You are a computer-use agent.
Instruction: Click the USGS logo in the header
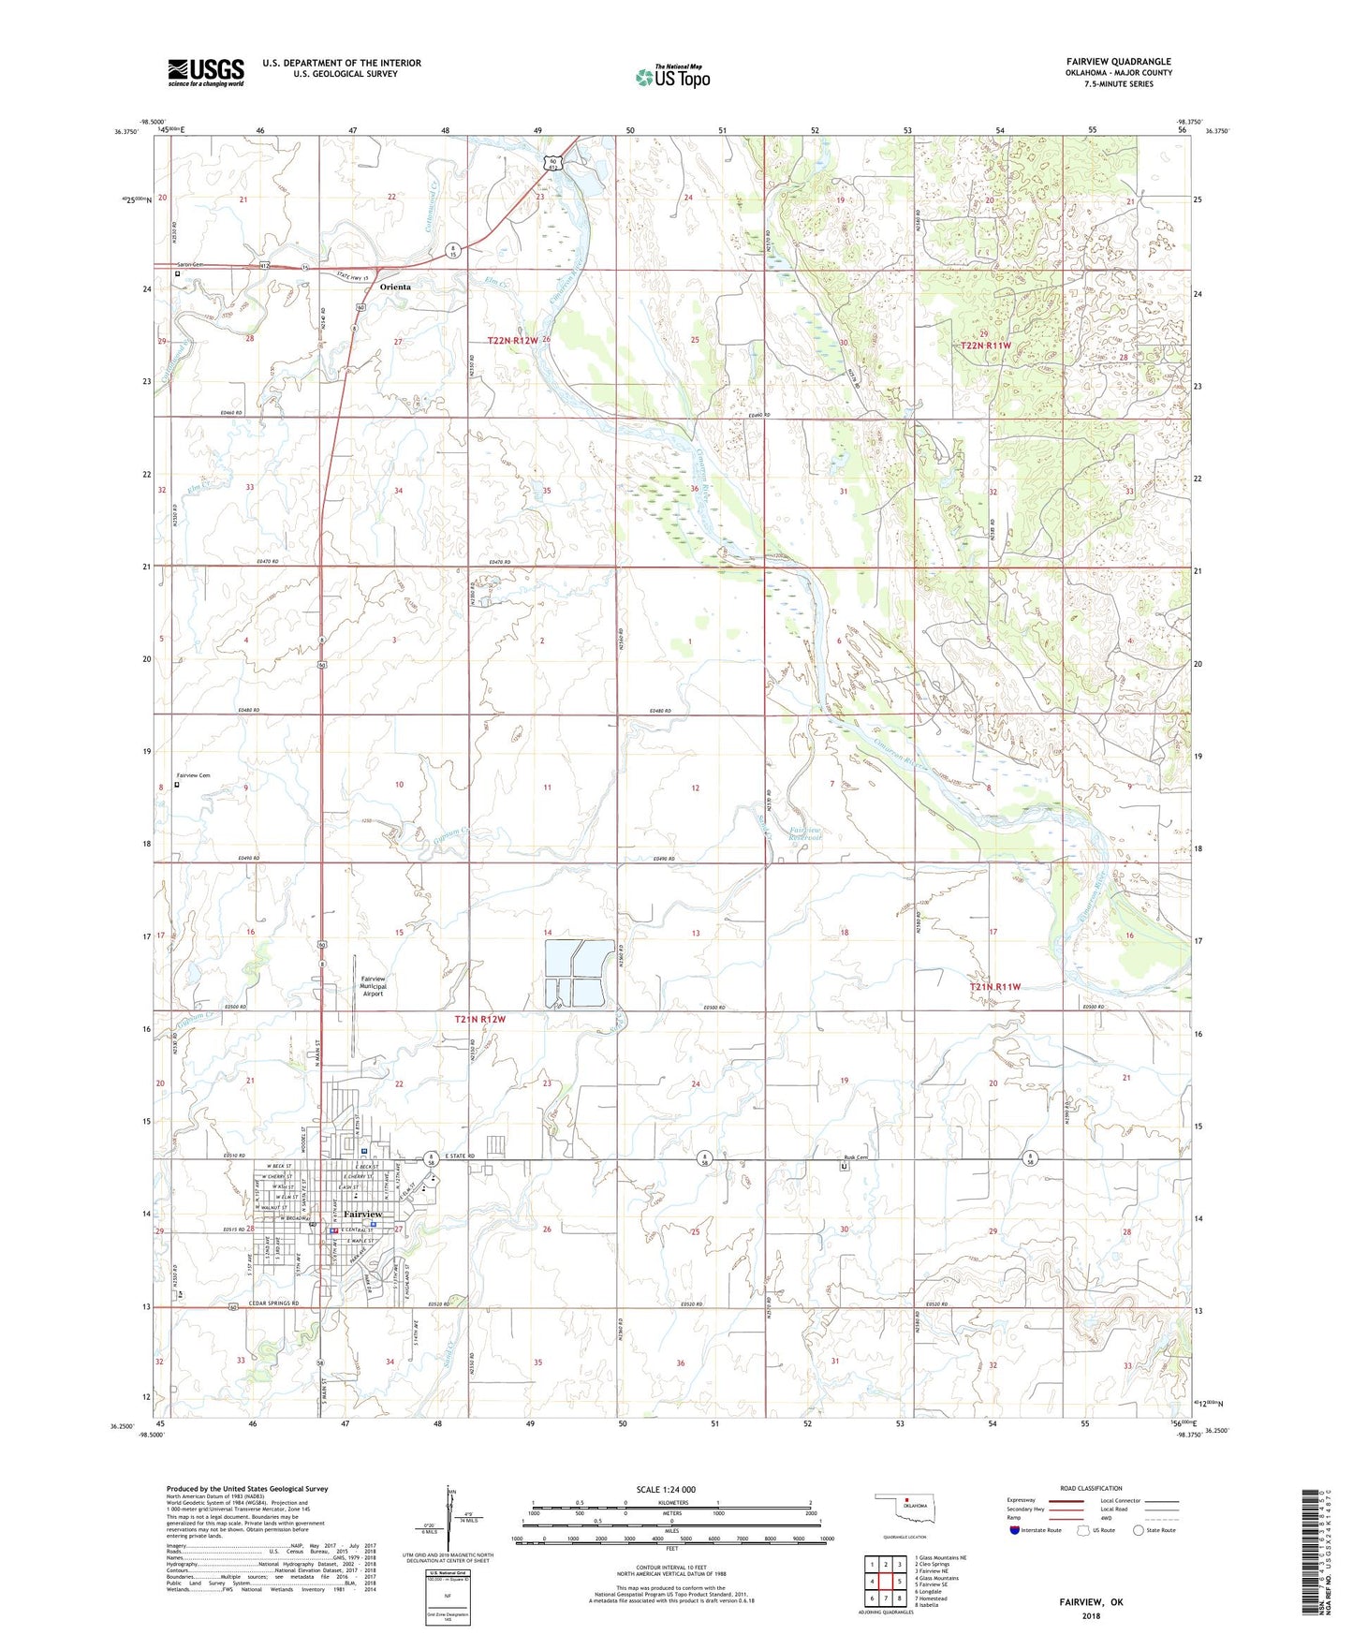pyautogui.click(x=206, y=72)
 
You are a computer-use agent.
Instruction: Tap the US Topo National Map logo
pyautogui.click(x=672, y=77)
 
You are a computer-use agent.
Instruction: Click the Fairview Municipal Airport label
pyautogui.click(x=374, y=986)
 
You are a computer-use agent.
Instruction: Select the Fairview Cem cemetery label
pyautogui.click(x=194, y=775)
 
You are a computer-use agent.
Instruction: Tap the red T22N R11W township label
pyautogui.click(x=986, y=346)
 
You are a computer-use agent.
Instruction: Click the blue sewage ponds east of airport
pyautogui.click(x=580, y=974)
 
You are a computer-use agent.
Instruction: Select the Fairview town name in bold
pyautogui.click(x=362, y=1214)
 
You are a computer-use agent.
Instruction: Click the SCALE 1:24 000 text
pyautogui.click(x=666, y=1489)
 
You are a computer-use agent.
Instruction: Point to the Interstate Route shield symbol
pyautogui.click(x=1016, y=1530)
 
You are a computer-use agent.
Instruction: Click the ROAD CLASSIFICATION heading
pyautogui.click(x=1092, y=1488)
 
